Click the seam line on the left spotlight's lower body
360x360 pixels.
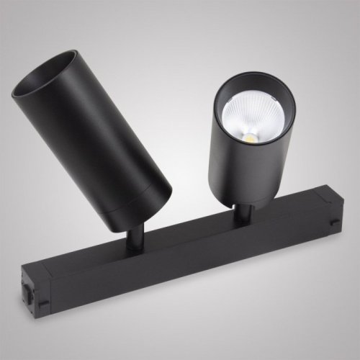[155, 184]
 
